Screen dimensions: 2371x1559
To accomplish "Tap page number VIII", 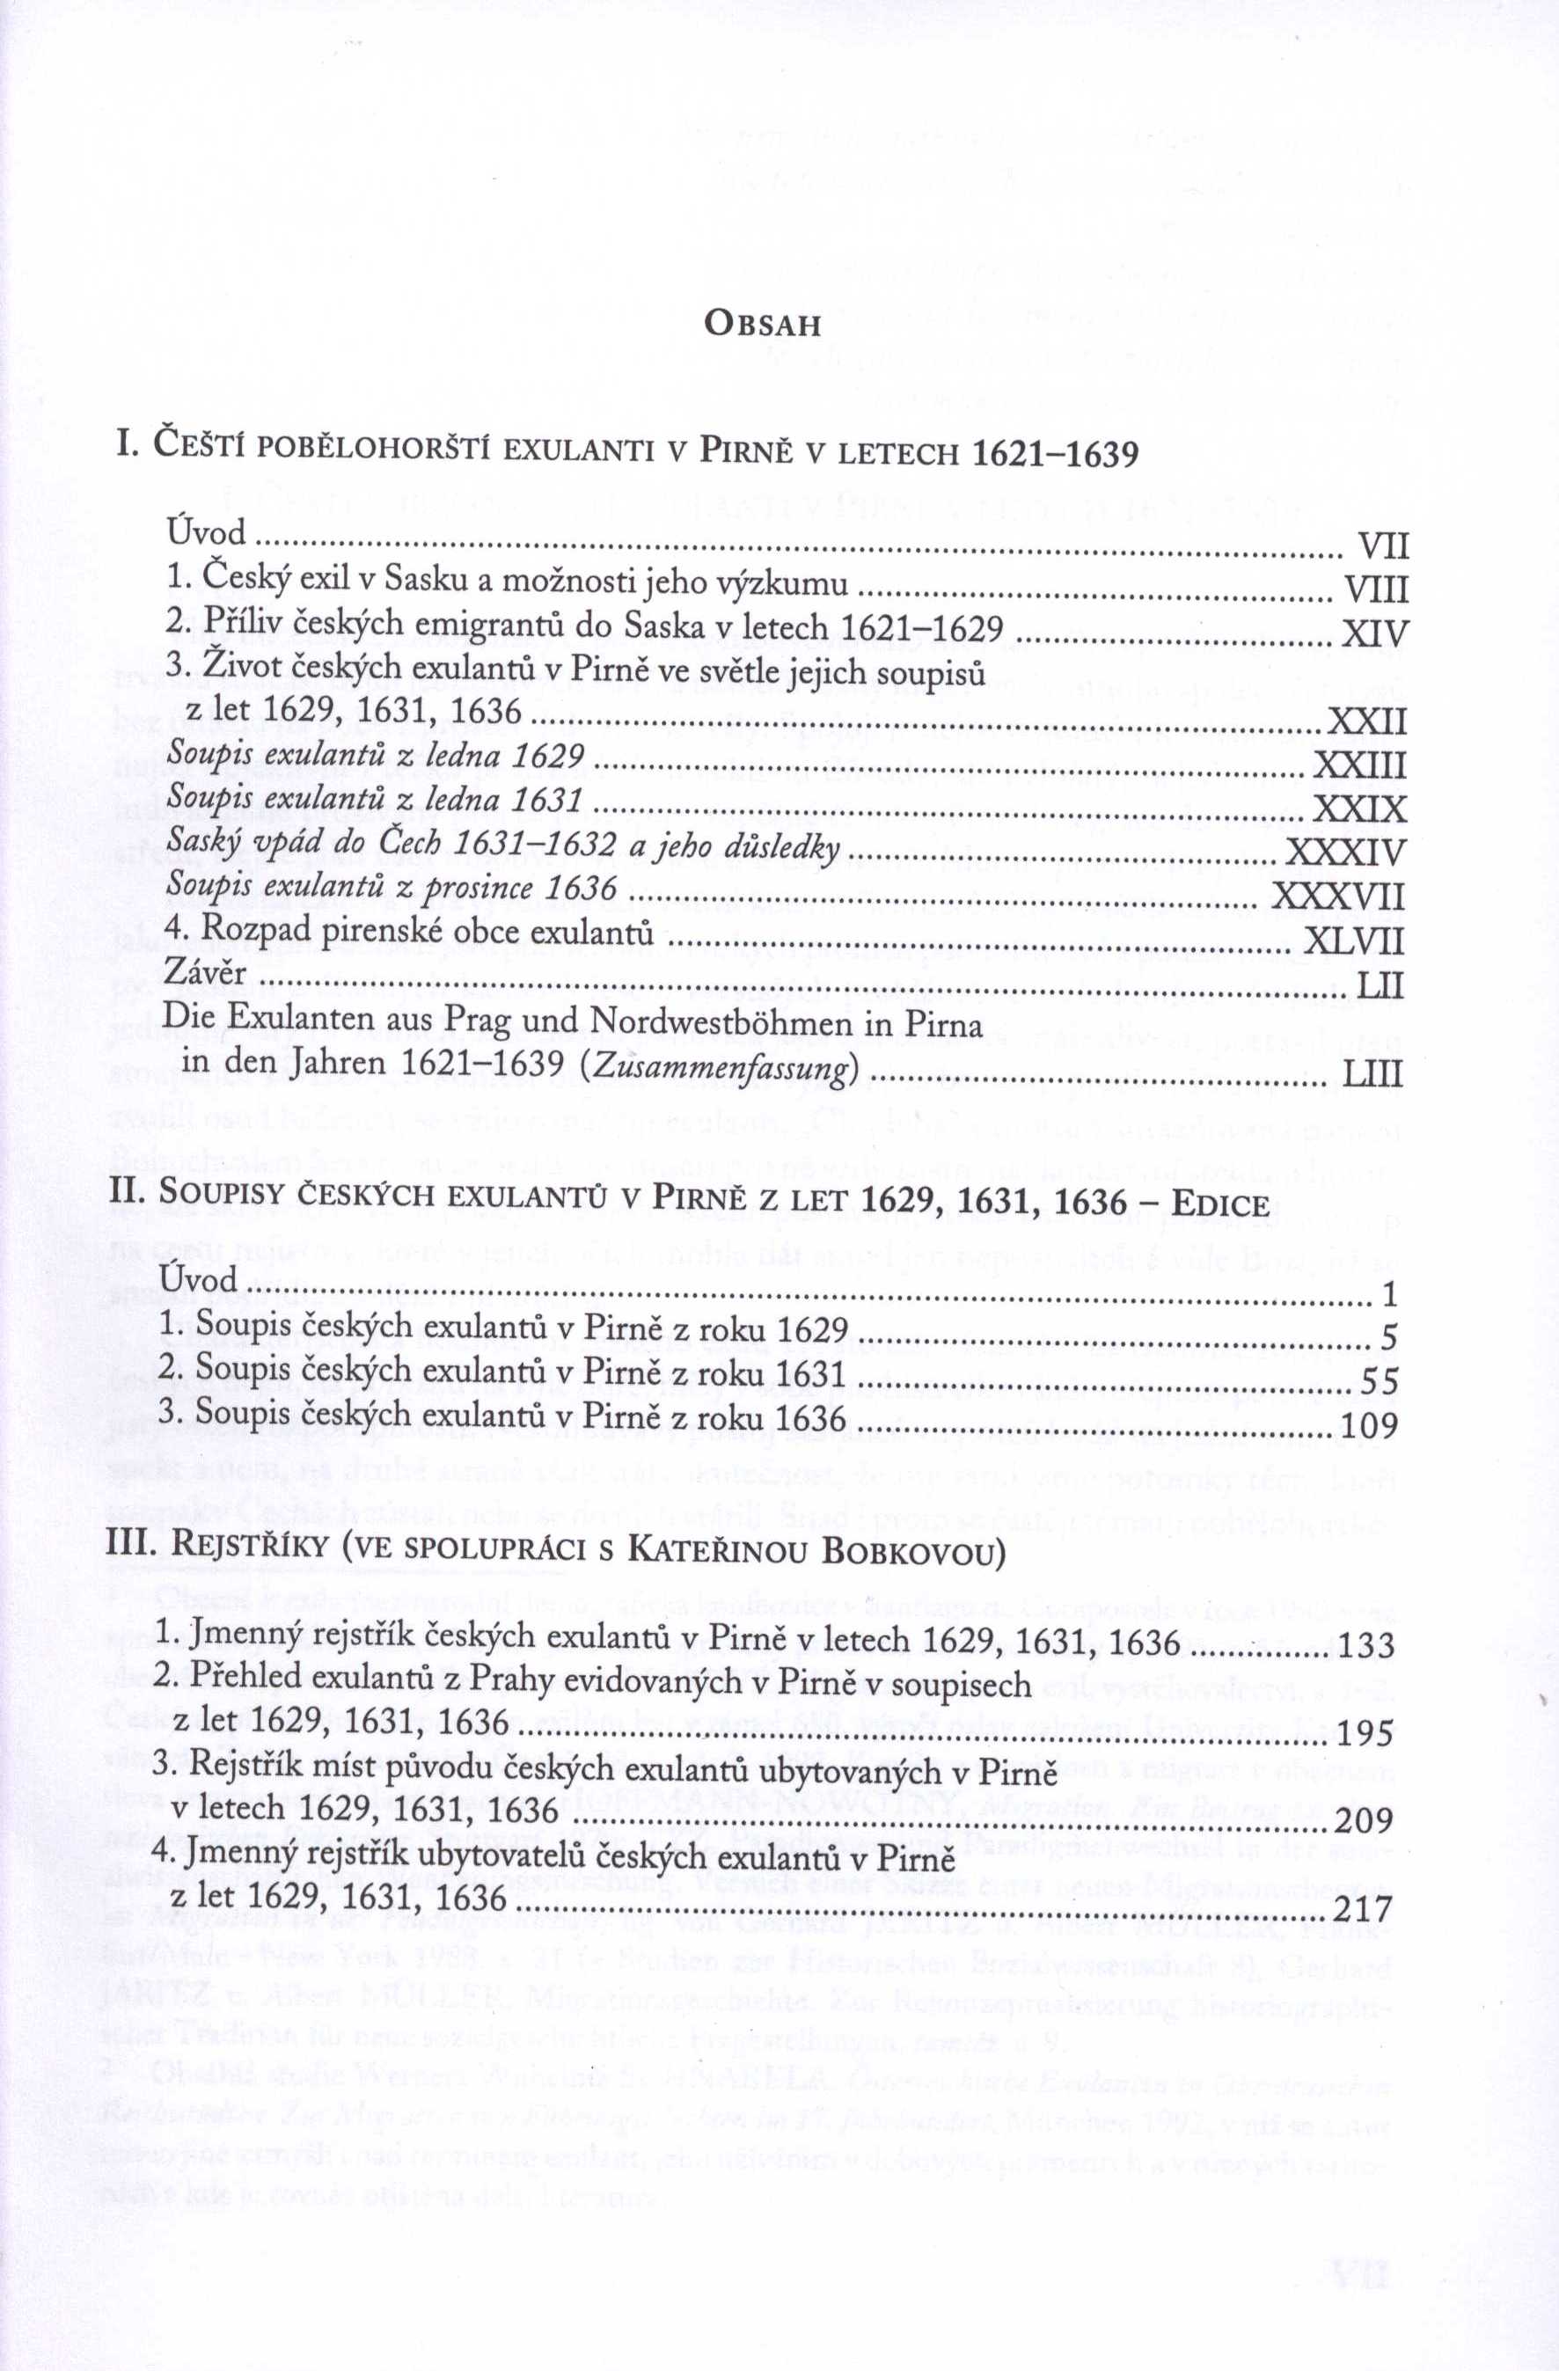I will (x=1376, y=590).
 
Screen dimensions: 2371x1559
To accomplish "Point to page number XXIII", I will (x=1360, y=765).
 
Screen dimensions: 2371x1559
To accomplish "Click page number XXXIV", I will (x=1346, y=853).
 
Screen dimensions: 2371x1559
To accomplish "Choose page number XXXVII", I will (x=1339, y=897).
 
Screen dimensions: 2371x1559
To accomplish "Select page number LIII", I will (x=1372, y=1073).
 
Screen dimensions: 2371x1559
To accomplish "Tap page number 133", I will (x=1365, y=1645).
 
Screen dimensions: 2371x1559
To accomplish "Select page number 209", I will (x=1363, y=1821).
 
